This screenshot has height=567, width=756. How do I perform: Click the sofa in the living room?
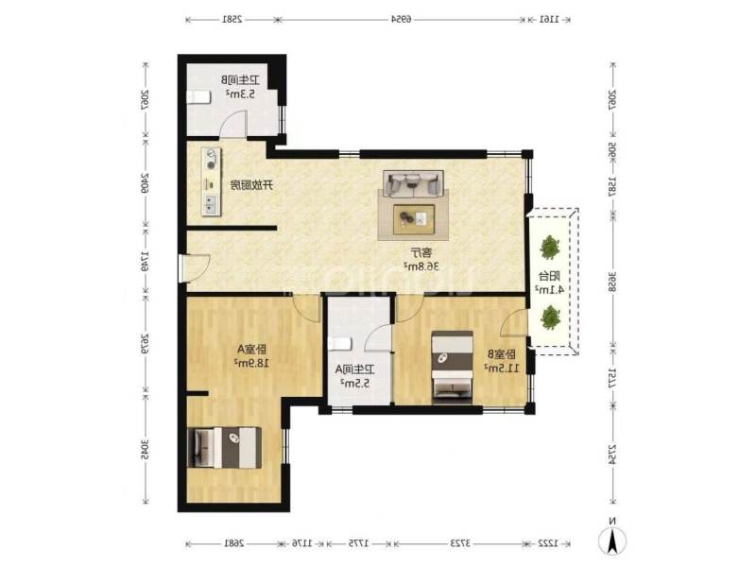(412, 183)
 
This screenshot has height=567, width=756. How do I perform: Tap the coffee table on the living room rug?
(413, 217)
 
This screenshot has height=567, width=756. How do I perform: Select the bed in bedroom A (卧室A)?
(225, 447)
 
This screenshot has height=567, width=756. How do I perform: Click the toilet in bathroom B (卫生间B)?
(198, 96)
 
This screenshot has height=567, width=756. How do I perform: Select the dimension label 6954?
(402, 18)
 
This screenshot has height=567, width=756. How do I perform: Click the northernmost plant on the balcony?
(549, 249)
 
